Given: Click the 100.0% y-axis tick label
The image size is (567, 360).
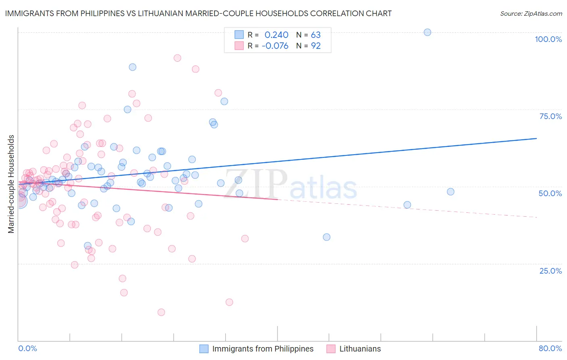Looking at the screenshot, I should tap(548, 39).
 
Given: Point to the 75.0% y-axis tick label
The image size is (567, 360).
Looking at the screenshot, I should tap(550, 116).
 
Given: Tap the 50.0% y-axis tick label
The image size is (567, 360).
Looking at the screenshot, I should tap(550, 193).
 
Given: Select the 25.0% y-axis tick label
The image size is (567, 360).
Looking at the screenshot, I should tap(550, 271).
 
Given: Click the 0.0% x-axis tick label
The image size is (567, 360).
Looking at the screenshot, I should tap(27, 348).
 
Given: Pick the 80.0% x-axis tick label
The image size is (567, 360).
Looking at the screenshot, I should tap(550, 348).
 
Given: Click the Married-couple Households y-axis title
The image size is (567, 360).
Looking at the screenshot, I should tap(11, 184).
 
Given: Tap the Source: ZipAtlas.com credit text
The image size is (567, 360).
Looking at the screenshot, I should tap(531, 13).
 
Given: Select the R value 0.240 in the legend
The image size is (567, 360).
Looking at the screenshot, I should tap(276, 35).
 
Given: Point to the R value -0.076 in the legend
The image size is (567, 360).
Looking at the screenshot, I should tap(275, 46).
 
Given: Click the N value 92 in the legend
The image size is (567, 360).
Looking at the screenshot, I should tap(316, 46).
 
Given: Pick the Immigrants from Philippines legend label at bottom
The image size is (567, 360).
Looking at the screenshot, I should tap(263, 349).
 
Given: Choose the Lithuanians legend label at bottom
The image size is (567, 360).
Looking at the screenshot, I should tap(360, 349).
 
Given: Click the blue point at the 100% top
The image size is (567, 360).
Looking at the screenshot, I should tap(427, 32).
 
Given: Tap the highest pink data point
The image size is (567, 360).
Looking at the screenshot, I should tap(177, 58).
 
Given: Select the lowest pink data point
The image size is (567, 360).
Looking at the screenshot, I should tap(161, 312).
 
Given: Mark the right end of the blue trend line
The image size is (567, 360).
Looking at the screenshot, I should tap(536, 138).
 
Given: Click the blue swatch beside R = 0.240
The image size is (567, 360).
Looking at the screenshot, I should tap(239, 35).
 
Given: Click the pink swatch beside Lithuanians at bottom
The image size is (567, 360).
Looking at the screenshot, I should tap(331, 349).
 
